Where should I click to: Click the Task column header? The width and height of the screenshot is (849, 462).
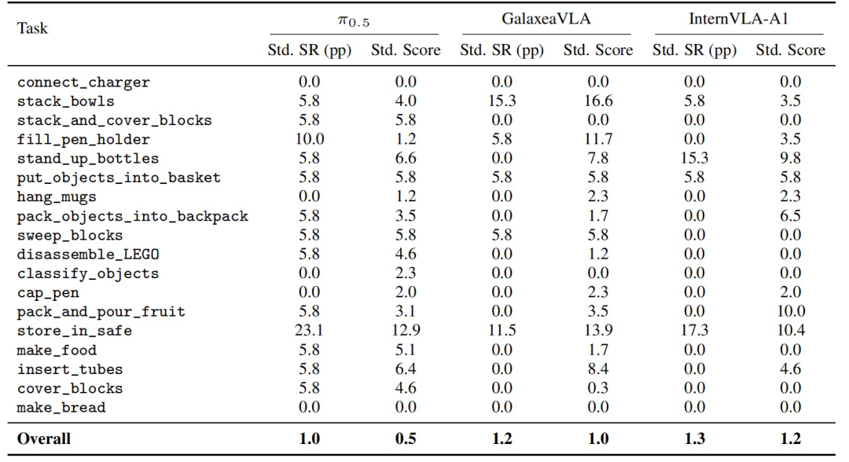[x=32, y=28]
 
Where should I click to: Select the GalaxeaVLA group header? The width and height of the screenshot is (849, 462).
[x=546, y=19]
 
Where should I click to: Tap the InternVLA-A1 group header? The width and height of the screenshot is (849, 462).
[x=738, y=19]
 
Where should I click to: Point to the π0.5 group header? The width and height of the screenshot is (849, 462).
[x=354, y=20]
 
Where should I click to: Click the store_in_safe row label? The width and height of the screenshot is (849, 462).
[x=74, y=331]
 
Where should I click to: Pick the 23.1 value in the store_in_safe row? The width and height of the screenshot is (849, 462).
[x=309, y=330]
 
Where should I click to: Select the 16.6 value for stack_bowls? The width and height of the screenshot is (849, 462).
[x=597, y=101]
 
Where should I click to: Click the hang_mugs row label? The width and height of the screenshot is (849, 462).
[x=57, y=197]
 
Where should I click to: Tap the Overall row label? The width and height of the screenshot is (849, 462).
[x=44, y=438]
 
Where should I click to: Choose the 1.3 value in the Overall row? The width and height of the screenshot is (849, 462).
[x=694, y=438]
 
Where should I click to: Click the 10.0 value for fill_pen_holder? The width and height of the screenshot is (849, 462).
[x=309, y=139]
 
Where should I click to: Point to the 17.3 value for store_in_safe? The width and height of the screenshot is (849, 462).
[x=694, y=330]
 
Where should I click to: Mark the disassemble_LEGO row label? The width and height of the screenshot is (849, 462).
[x=88, y=255]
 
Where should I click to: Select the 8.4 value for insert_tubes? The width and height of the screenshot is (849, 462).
[x=597, y=368]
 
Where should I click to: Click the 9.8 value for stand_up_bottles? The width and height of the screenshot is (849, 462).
[x=791, y=158]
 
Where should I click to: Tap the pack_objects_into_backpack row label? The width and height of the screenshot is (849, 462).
[x=132, y=216]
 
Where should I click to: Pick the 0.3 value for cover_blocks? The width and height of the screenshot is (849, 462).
[x=597, y=388]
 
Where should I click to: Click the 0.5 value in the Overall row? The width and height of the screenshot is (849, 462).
[x=406, y=438]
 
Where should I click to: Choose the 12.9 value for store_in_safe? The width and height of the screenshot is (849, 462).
[x=406, y=330]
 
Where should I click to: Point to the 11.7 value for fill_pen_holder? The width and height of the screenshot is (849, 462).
[x=597, y=139]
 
